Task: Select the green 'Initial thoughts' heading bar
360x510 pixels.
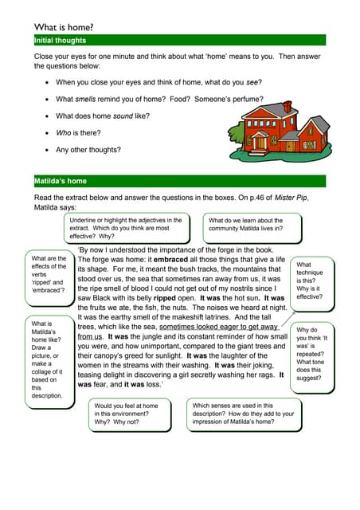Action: pyautogui.click(x=179, y=40)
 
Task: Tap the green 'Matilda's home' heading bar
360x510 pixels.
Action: pyautogui.click(x=179, y=181)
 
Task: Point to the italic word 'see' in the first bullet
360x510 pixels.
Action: pyautogui.click(x=252, y=82)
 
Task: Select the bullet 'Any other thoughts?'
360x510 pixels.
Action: pyautogui.click(x=88, y=149)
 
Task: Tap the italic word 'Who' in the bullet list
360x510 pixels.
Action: pyautogui.click(x=64, y=132)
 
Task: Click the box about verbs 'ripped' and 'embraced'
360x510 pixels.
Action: pyautogui.click(x=49, y=274)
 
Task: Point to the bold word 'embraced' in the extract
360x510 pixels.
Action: pyautogui.click(x=170, y=260)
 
